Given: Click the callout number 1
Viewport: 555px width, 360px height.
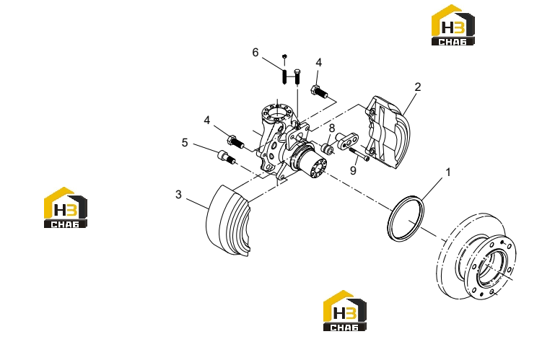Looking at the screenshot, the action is pos(448,172).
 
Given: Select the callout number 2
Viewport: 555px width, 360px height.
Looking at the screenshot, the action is pos(418,87).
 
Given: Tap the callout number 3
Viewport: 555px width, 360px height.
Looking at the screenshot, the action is pos(178,194).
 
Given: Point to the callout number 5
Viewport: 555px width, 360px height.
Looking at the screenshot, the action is pos(185,143).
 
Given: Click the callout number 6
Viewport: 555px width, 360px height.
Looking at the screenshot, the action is pos(255,53).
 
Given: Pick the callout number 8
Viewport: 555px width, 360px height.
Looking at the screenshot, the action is pos(332,128).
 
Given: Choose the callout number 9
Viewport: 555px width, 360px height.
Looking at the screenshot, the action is pos(353,170).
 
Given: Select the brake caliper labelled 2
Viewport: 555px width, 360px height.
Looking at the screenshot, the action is pos(388,132).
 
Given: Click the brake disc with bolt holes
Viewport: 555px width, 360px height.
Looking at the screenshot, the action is pos(476,256).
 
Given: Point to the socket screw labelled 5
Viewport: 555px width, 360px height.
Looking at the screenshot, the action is pos(227,157).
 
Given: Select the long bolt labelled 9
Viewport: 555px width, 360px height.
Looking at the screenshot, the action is pos(359,154).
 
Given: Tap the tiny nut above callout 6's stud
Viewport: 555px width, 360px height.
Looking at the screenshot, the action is pos(284,56).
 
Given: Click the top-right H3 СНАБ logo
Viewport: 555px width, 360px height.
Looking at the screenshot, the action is pos(453,25).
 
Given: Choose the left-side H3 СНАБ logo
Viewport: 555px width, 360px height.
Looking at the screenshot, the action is pos(66,208).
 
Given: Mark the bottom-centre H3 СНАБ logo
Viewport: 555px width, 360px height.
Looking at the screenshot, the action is pos(345,311).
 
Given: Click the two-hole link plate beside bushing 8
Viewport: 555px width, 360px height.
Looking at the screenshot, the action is pos(347,141).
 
